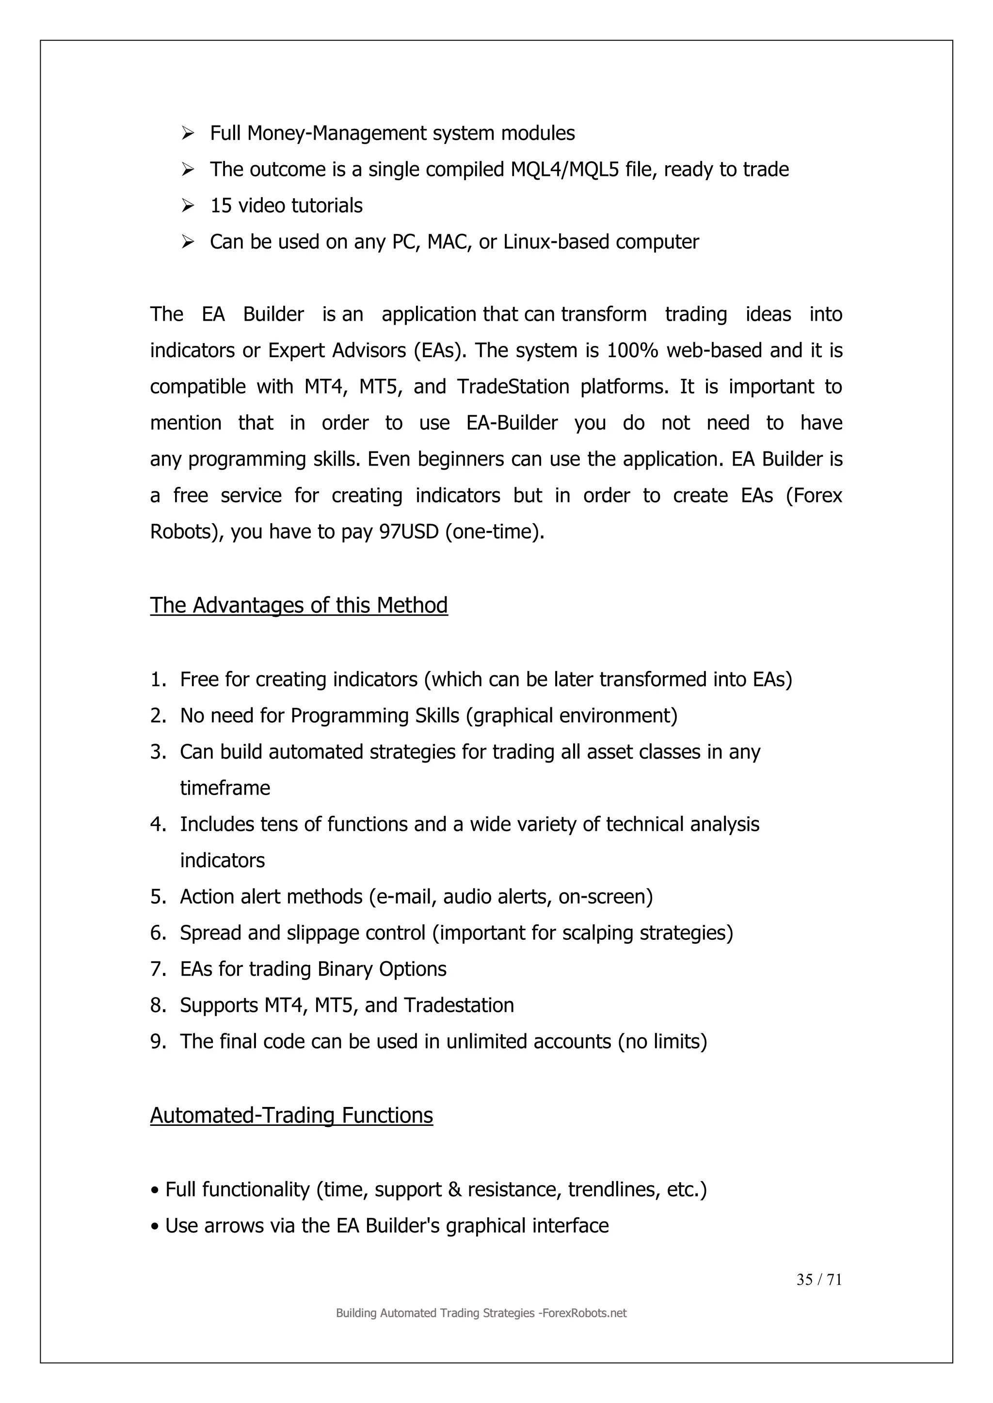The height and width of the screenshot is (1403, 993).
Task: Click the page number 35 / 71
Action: [819, 1279]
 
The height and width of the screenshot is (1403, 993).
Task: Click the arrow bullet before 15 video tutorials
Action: [188, 205]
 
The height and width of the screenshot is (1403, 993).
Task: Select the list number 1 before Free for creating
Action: [157, 680]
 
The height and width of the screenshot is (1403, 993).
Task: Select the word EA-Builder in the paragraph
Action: [512, 423]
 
